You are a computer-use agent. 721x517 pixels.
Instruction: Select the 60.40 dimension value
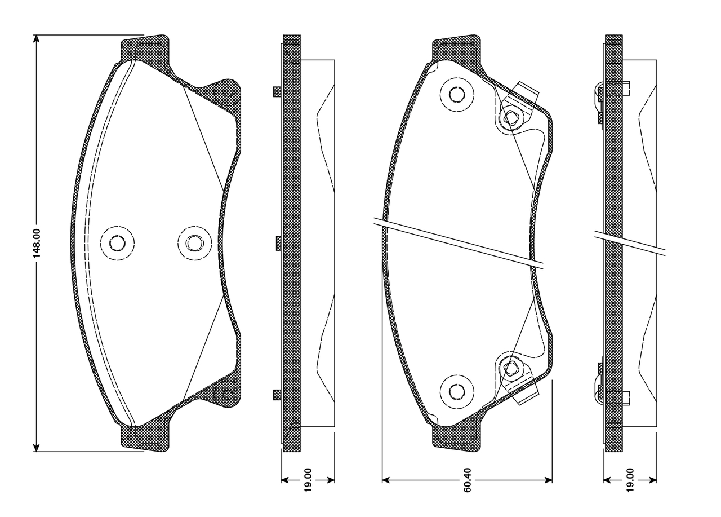468,480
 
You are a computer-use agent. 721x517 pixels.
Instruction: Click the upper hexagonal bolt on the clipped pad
510,118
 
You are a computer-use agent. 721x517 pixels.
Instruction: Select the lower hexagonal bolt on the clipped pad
510,368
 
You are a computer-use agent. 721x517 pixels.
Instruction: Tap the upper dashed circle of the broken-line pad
456,94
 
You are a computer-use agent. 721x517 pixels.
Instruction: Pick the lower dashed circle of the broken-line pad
456,391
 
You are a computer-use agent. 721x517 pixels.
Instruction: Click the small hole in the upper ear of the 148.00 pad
227,92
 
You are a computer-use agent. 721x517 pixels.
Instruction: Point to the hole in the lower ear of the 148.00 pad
227,392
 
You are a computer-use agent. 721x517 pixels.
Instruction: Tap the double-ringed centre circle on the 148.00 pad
194,243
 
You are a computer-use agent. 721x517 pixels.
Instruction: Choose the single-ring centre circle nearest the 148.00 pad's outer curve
117,243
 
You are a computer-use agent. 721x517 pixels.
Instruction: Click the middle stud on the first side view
278,243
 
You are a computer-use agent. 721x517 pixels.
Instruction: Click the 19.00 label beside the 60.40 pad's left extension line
308,480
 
